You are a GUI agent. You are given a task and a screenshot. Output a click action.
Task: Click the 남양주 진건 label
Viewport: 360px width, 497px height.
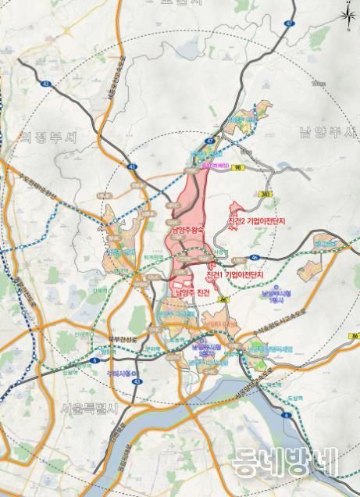tap(192, 292)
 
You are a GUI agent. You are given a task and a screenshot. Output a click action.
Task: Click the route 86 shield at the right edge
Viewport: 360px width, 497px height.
tap(355, 336)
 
